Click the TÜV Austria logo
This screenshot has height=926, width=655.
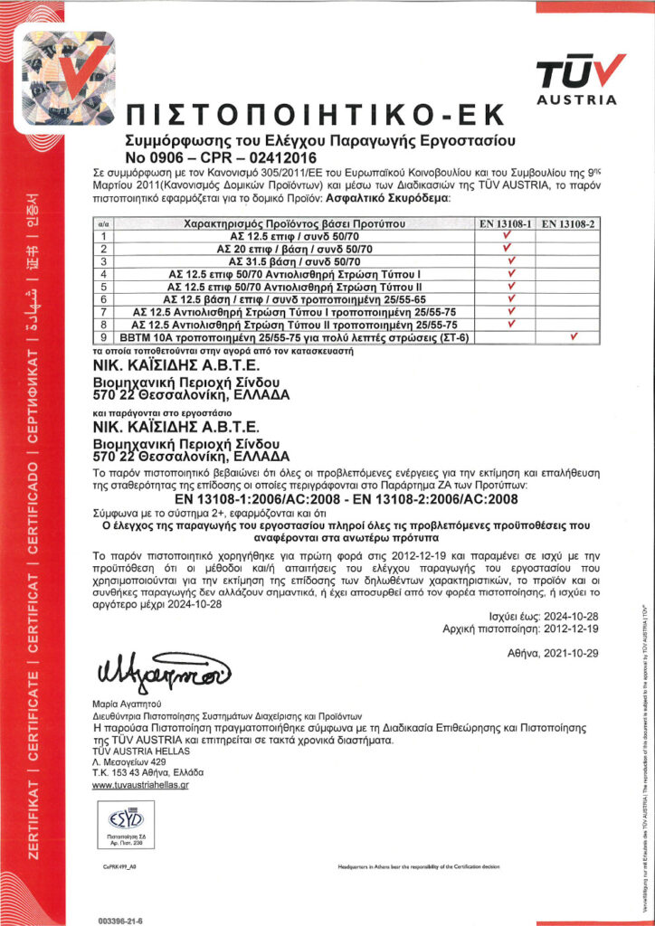coord(580,79)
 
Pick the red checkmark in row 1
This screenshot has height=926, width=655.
coord(509,234)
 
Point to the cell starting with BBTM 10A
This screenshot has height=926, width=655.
coord(295,337)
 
